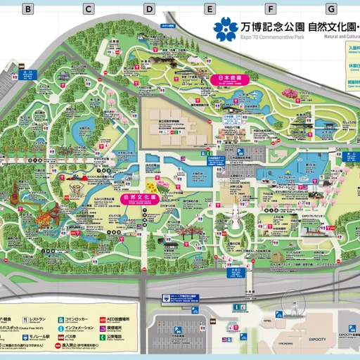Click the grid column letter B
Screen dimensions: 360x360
click(28, 9)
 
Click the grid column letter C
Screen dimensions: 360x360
click(89, 9)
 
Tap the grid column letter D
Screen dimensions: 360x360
click(149, 9)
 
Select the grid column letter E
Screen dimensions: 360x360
click(210, 9)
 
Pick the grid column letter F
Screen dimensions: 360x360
click(271, 9)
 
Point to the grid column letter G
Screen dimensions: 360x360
click(330, 9)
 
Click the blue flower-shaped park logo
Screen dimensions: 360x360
click(226, 29)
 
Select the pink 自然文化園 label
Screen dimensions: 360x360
click(139, 198)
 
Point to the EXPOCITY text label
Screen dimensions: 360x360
click(317, 339)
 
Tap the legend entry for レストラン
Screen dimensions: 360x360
click(38, 318)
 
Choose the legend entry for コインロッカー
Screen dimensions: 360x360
click(79, 318)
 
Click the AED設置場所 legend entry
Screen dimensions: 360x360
click(117, 318)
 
